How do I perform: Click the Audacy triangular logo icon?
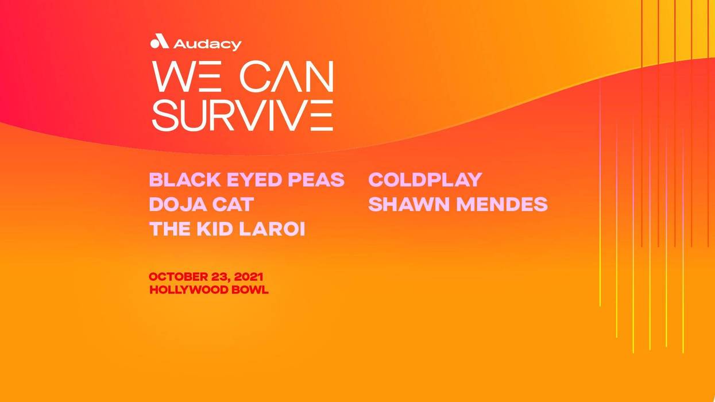(x=159, y=42)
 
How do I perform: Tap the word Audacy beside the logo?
(x=207, y=44)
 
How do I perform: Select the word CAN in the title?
(x=287, y=77)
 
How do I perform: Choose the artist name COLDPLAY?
(x=425, y=180)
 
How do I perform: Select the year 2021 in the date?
(x=248, y=277)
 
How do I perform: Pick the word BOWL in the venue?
(x=250, y=291)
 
